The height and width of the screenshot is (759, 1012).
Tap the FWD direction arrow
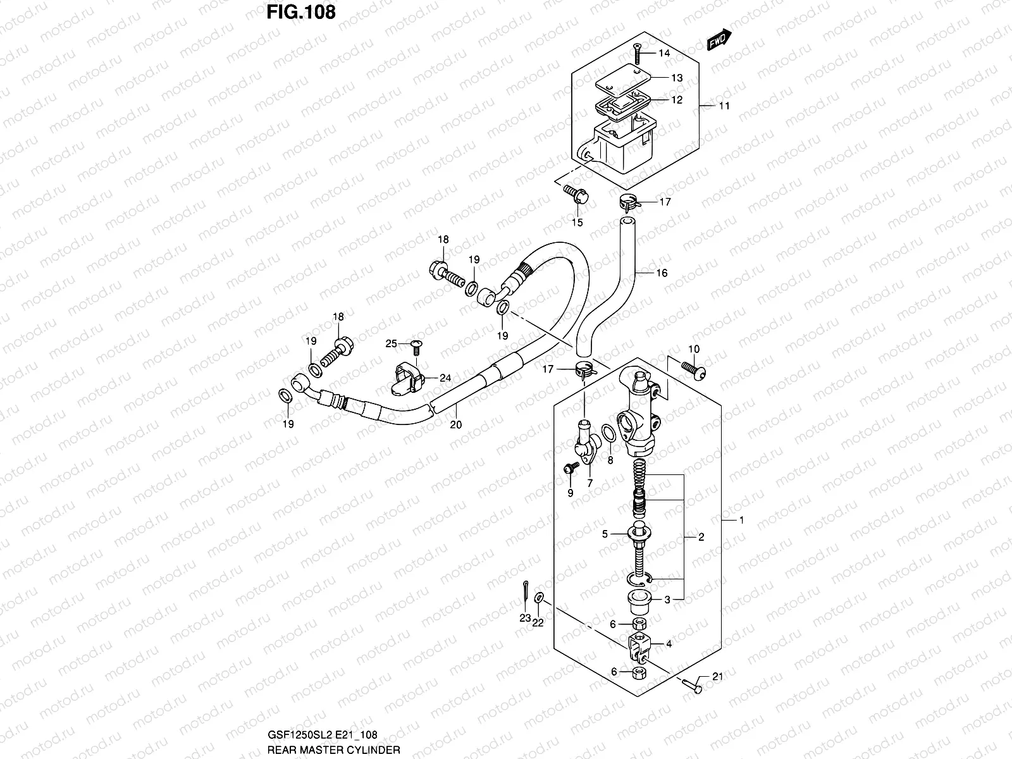click(719, 40)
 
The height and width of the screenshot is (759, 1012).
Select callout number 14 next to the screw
click(663, 53)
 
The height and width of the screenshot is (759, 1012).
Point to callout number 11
click(724, 106)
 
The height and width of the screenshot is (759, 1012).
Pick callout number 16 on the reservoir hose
click(662, 273)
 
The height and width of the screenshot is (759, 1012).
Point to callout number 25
click(392, 343)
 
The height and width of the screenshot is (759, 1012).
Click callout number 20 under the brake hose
click(455, 425)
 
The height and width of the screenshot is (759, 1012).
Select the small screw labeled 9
click(571, 468)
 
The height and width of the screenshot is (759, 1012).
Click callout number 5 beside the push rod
click(605, 534)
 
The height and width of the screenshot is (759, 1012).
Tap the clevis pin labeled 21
click(692, 686)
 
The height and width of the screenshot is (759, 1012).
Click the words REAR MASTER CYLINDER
click(333, 750)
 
